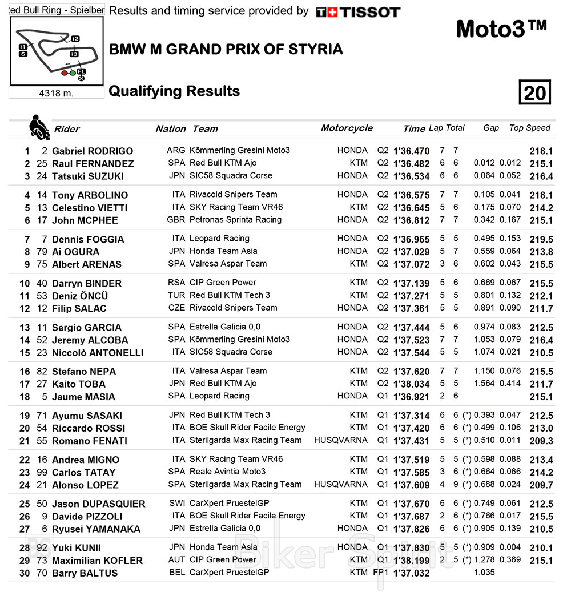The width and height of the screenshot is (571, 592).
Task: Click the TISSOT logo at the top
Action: pyautogui.click(x=358, y=12)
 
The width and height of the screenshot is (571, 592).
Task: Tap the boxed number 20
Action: pyautogui.click(x=534, y=92)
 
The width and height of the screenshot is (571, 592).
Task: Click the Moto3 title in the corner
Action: pyautogui.click(x=501, y=29)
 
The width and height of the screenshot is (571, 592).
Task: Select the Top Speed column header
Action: pyautogui.click(x=529, y=128)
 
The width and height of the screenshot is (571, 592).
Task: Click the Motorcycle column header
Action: pyautogui.click(x=347, y=128)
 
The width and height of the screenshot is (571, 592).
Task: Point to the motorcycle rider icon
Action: pyautogui.click(x=38, y=126)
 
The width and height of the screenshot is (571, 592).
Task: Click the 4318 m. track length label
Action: pyautogui.click(x=56, y=93)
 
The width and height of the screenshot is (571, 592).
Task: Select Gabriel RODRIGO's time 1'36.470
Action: pyautogui.click(x=411, y=151)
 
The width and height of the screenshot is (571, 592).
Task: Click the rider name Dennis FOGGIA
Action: pyautogui.click(x=88, y=239)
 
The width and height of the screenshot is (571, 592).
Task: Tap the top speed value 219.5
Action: pyautogui.click(x=541, y=239)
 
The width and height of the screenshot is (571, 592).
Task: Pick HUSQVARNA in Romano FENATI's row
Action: pyautogui.click(x=341, y=440)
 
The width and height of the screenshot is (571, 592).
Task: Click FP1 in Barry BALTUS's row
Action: pyautogui.click(x=380, y=573)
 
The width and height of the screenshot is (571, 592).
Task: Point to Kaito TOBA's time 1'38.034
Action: pyautogui.click(x=411, y=384)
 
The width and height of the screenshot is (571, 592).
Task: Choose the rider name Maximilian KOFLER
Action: pyautogui.click(x=97, y=560)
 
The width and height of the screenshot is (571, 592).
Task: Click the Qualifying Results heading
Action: pyautogui.click(x=174, y=91)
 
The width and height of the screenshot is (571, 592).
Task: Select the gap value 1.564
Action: pyautogui.click(x=484, y=384)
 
